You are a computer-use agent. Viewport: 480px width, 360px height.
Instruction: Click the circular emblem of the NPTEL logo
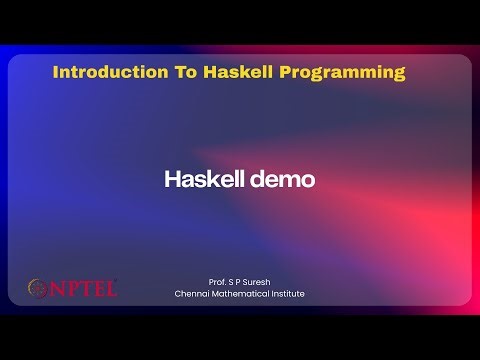pos(37,289)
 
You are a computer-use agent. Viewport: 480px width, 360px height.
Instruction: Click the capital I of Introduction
pos(55,72)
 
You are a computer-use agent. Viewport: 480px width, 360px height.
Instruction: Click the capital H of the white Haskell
pos(171,180)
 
